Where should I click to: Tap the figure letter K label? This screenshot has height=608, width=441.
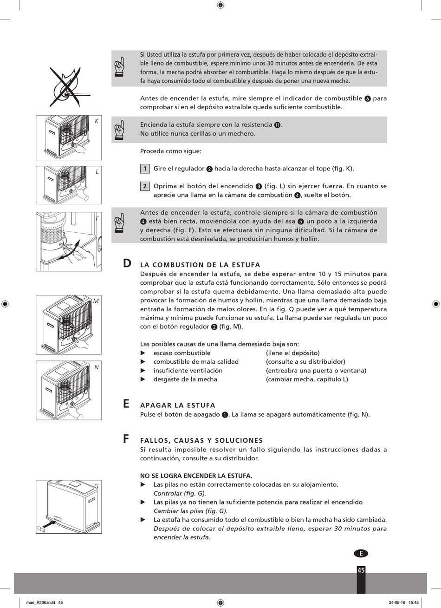pyautogui.click(x=97, y=121)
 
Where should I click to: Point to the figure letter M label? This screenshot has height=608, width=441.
pyautogui.click(x=96, y=301)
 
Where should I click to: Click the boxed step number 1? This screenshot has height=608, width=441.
pyautogui.click(x=145, y=169)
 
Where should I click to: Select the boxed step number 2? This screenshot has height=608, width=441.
pyautogui.click(x=145, y=186)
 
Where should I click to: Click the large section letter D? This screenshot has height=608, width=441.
pyautogui.click(x=127, y=263)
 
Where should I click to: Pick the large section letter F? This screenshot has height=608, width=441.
pyautogui.click(x=126, y=439)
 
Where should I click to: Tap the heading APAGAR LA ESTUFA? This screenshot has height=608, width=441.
pyautogui.click(x=178, y=405)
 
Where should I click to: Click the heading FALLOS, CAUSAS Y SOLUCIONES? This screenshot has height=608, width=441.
pyautogui.click(x=201, y=440)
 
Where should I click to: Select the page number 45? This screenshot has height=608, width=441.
pyautogui.click(x=361, y=570)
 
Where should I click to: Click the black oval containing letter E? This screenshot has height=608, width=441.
pyautogui.click(x=361, y=554)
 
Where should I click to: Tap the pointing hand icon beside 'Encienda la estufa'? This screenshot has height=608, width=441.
pyautogui.click(x=119, y=130)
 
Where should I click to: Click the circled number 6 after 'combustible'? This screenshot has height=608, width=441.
pyautogui.click(x=368, y=99)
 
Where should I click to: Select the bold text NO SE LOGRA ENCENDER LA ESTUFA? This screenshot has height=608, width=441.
pyautogui.click(x=196, y=476)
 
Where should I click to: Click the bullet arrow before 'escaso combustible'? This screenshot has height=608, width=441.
pyautogui.click(x=143, y=353)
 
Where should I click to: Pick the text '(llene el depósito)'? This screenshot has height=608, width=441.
pyautogui.click(x=292, y=353)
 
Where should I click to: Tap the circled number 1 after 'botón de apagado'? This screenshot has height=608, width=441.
pyautogui.click(x=225, y=415)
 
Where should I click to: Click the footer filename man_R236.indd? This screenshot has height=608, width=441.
pyautogui.click(x=41, y=602)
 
